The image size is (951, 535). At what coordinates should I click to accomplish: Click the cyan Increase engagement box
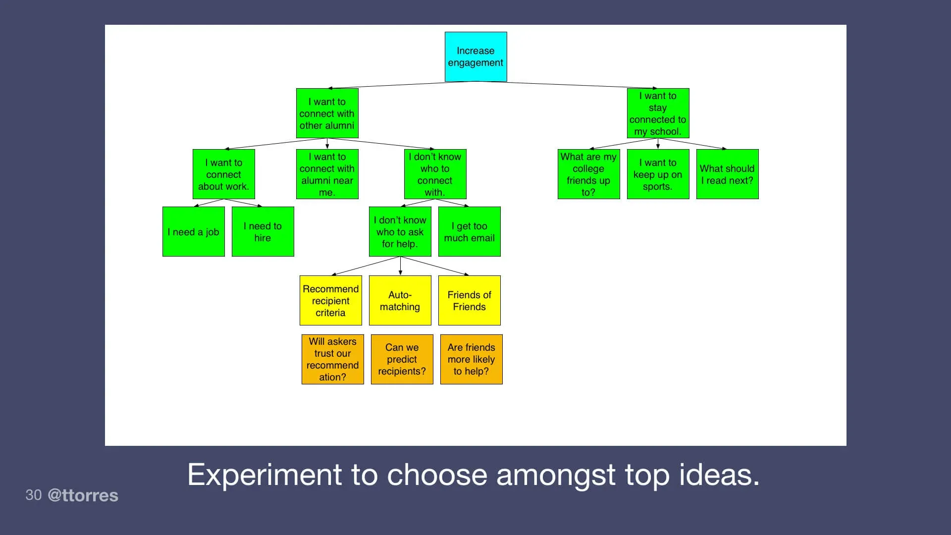tap(475, 56)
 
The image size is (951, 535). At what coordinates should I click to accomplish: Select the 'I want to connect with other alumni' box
tap(327, 113)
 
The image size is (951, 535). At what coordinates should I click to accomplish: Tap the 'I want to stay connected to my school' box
tap(658, 113)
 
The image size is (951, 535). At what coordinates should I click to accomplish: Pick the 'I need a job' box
tap(193, 232)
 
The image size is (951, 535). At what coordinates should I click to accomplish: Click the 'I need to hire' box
tap(263, 232)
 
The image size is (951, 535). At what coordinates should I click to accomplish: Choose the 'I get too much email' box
tap(469, 232)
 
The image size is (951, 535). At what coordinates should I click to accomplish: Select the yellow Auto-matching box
tap(400, 301)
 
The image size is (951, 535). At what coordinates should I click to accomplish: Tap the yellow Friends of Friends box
tap(469, 301)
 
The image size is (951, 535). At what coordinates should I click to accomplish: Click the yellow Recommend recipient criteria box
tap(330, 301)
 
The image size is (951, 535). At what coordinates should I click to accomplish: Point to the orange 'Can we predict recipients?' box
tap(402, 359)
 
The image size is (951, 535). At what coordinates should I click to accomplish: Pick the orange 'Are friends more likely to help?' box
tap(471, 359)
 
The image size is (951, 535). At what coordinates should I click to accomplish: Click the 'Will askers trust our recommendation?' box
tap(332, 359)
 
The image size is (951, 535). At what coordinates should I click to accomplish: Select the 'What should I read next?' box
tap(727, 174)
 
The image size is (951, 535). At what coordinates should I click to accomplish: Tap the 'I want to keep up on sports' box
tap(658, 174)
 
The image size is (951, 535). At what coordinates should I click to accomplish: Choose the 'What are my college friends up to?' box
tap(588, 174)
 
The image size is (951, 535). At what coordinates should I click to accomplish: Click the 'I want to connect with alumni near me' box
tap(327, 174)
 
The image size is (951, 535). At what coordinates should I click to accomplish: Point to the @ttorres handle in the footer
tap(83, 495)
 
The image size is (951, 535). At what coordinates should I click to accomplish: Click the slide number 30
tap(33, 495)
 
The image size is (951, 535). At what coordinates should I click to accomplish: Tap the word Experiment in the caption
tap(264, 475)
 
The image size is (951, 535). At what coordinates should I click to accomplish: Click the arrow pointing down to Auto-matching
tap(400, 267)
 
